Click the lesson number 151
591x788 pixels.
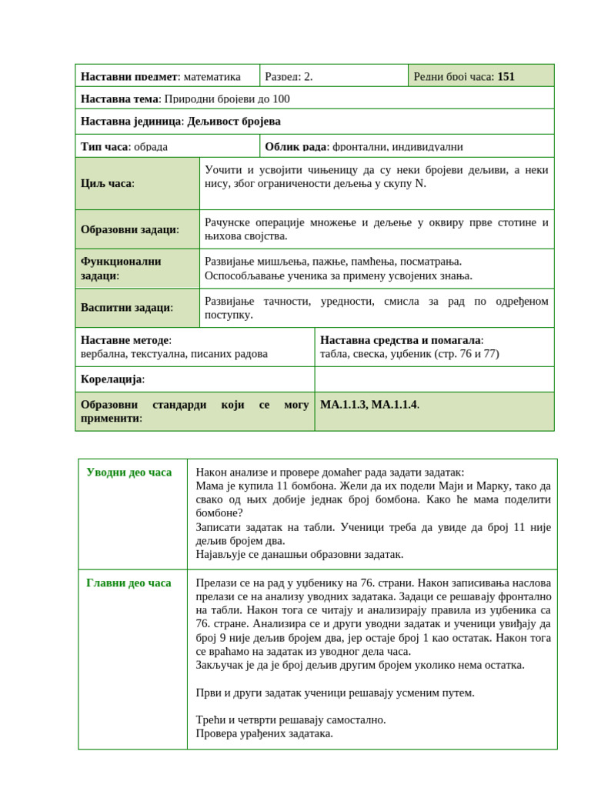pyautogui.click(x=506, y=76)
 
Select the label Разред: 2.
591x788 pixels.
pyautogui.click(x=289, y=76)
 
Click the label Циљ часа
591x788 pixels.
pyautogui.click(x=107, y=183)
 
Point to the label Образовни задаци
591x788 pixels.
pyautogui.click(x=129, y=229)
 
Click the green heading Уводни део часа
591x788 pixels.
pyautogui.click(x=129, y=472)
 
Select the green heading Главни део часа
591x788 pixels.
pyautogui.click(x=129, y=583)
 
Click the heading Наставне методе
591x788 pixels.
pyautogui.click(x=126, y=340)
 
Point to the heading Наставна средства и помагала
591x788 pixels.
pyautogui.click(x=402, y=340)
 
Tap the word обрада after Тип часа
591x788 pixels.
pyautogui.click(x=151, y=146)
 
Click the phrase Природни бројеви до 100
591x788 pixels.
pyautogui.click(x=227, y=98)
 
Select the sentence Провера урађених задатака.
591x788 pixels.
pyautogui.click(x=264, y=733)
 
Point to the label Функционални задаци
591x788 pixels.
pyautogui.click(x=121, y=268)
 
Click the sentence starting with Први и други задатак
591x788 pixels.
pyautogui.click(x=335, y=692)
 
